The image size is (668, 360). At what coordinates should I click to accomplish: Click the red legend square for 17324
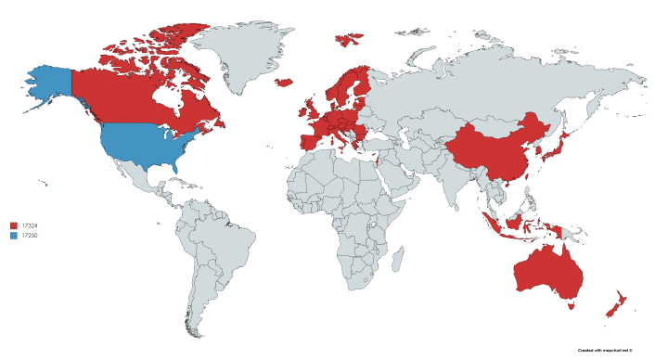click(14, 225)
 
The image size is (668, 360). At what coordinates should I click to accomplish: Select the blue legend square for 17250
click(14, 236)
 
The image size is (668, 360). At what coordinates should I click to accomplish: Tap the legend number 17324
click(31, 225)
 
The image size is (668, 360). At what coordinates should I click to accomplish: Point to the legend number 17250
click(31, 236)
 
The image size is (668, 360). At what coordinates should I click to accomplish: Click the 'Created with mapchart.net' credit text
click(604, 350)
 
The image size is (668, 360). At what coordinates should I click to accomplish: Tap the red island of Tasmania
click(574, 302)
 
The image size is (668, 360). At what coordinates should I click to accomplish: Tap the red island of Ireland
click(302, 110)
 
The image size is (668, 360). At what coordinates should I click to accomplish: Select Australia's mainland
click(547, 269)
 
